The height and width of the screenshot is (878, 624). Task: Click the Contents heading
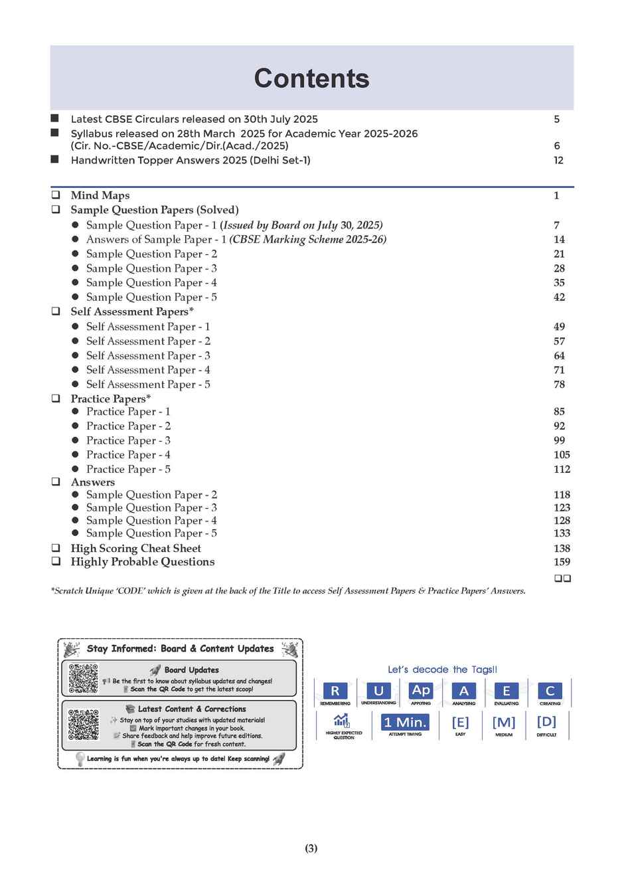(311, 78)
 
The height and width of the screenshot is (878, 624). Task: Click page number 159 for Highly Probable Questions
(562, 562)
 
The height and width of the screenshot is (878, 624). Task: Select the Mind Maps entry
(100, 195)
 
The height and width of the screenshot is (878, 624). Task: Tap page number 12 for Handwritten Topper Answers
(558, 160)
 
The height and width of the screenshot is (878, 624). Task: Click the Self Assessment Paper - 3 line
(148, 355)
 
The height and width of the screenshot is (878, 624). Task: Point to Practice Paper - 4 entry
(128, 455)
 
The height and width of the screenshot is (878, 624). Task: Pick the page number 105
(562, 455)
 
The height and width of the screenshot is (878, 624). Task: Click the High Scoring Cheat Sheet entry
(135, 549)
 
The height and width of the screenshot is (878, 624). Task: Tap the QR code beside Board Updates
(84, 678)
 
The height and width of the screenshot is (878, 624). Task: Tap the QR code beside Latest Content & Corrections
(84, 725)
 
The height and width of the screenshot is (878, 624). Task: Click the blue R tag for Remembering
(335, 691)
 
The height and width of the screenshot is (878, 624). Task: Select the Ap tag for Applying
(421, 690)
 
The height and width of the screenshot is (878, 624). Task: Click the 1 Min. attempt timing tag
(405, 723)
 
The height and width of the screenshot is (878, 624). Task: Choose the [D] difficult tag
(546, 722)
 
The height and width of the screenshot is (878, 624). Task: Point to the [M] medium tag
(503, 723)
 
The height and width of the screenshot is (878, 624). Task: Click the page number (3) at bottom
(311, 848)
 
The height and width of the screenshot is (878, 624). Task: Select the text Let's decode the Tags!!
(442, 669)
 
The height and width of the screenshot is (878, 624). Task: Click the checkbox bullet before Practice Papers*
(56, 399)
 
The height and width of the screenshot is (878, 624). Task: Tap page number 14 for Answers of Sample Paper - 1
(559, 239)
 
